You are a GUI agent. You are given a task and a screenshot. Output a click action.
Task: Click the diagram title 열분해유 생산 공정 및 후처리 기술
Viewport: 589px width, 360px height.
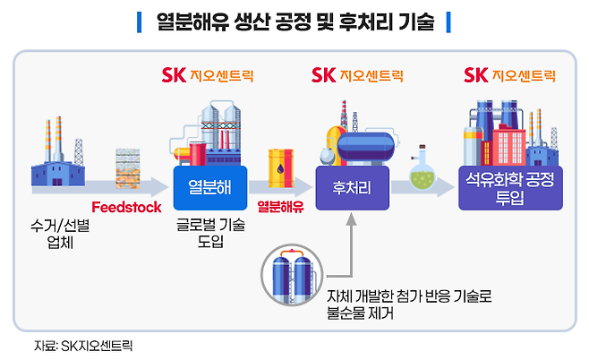click(295, 21)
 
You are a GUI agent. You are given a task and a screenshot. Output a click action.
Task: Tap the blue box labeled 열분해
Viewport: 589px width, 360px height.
click(210, 187)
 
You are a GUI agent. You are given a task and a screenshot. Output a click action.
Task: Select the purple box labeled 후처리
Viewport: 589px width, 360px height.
click(351, 188)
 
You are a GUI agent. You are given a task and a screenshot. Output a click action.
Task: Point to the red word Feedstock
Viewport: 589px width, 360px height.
click(126, 208)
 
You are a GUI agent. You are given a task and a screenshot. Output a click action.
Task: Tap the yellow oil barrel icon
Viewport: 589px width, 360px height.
click(281, 167)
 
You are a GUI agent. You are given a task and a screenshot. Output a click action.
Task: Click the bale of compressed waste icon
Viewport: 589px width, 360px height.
click(130, 167)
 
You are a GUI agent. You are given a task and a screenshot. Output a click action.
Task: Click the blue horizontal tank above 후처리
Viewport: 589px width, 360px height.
click(363, 144)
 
